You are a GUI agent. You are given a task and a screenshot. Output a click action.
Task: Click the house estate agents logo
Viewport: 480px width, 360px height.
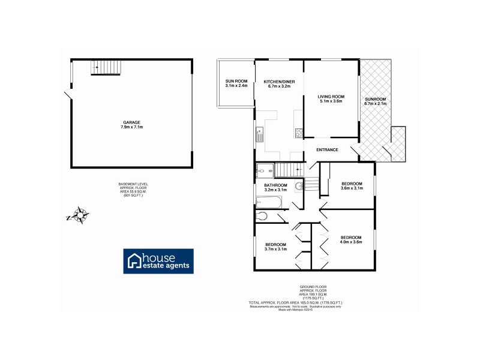pos(158,260)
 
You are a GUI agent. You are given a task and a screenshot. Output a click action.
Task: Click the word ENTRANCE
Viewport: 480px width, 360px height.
pos(328,150)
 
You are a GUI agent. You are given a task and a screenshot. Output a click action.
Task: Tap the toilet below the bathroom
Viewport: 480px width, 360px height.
pos(262,216)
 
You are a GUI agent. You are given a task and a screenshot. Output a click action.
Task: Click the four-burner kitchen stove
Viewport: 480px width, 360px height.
pos(298,134)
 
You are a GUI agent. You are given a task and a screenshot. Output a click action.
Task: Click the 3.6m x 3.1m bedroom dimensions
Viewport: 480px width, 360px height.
pos(352,188)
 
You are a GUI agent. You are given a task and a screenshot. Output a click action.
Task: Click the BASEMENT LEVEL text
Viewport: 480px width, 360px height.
pos(133,184)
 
